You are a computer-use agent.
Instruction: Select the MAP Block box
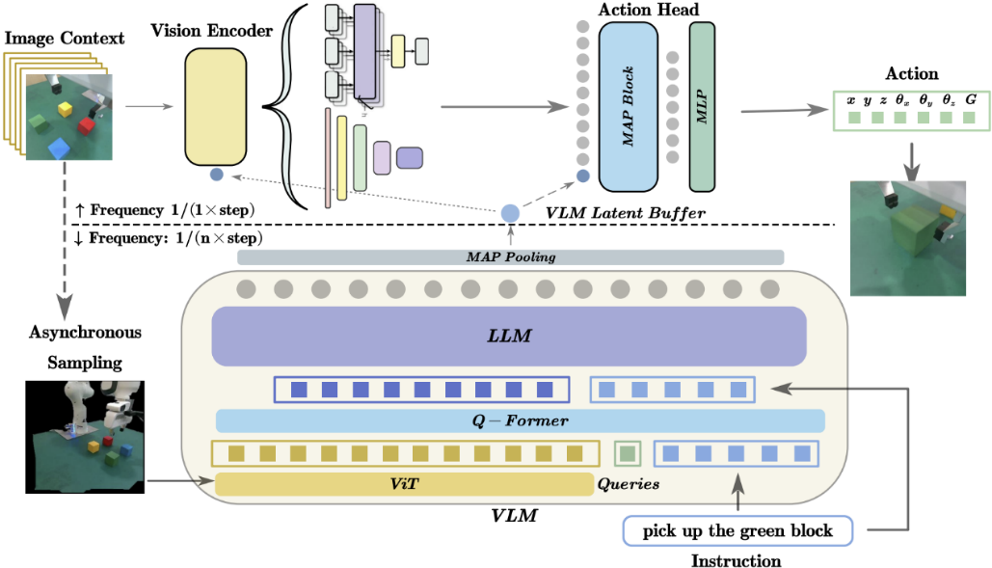point(628,106)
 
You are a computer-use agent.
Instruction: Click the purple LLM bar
point(508,337)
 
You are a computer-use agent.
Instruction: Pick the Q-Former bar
point(520,421)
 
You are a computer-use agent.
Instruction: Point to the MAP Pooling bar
point(510,257)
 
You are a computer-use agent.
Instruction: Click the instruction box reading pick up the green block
point(737,530)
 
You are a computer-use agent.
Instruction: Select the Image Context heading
point(65,39)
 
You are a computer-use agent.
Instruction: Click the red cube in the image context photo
point(86,125)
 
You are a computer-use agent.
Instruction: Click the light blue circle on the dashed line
point(510,213)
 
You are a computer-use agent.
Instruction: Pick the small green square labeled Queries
point(628,452)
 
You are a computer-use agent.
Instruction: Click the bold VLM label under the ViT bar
point(514,516)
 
